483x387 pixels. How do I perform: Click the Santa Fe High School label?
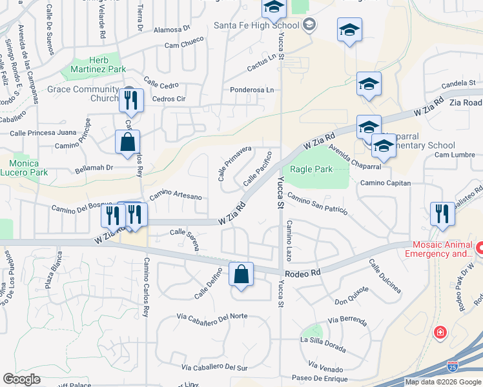click(x=256, y=25)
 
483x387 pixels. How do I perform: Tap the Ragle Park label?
click(x=311, y=169)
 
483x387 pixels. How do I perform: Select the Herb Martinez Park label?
click(x=98, y=64)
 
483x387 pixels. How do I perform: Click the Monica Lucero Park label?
click(x=25, y=168)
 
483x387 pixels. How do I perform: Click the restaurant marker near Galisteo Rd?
click(x=442, y=214)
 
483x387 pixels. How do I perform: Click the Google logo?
click(x=21, y=379)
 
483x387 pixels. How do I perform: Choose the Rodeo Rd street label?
click(x=306, y=273)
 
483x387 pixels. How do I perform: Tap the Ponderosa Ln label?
click(x=252, y=90)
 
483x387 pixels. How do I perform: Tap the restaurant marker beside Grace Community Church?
click(x=130, y=100)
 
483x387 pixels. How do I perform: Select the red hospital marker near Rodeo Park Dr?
click(x=440, y=333)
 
